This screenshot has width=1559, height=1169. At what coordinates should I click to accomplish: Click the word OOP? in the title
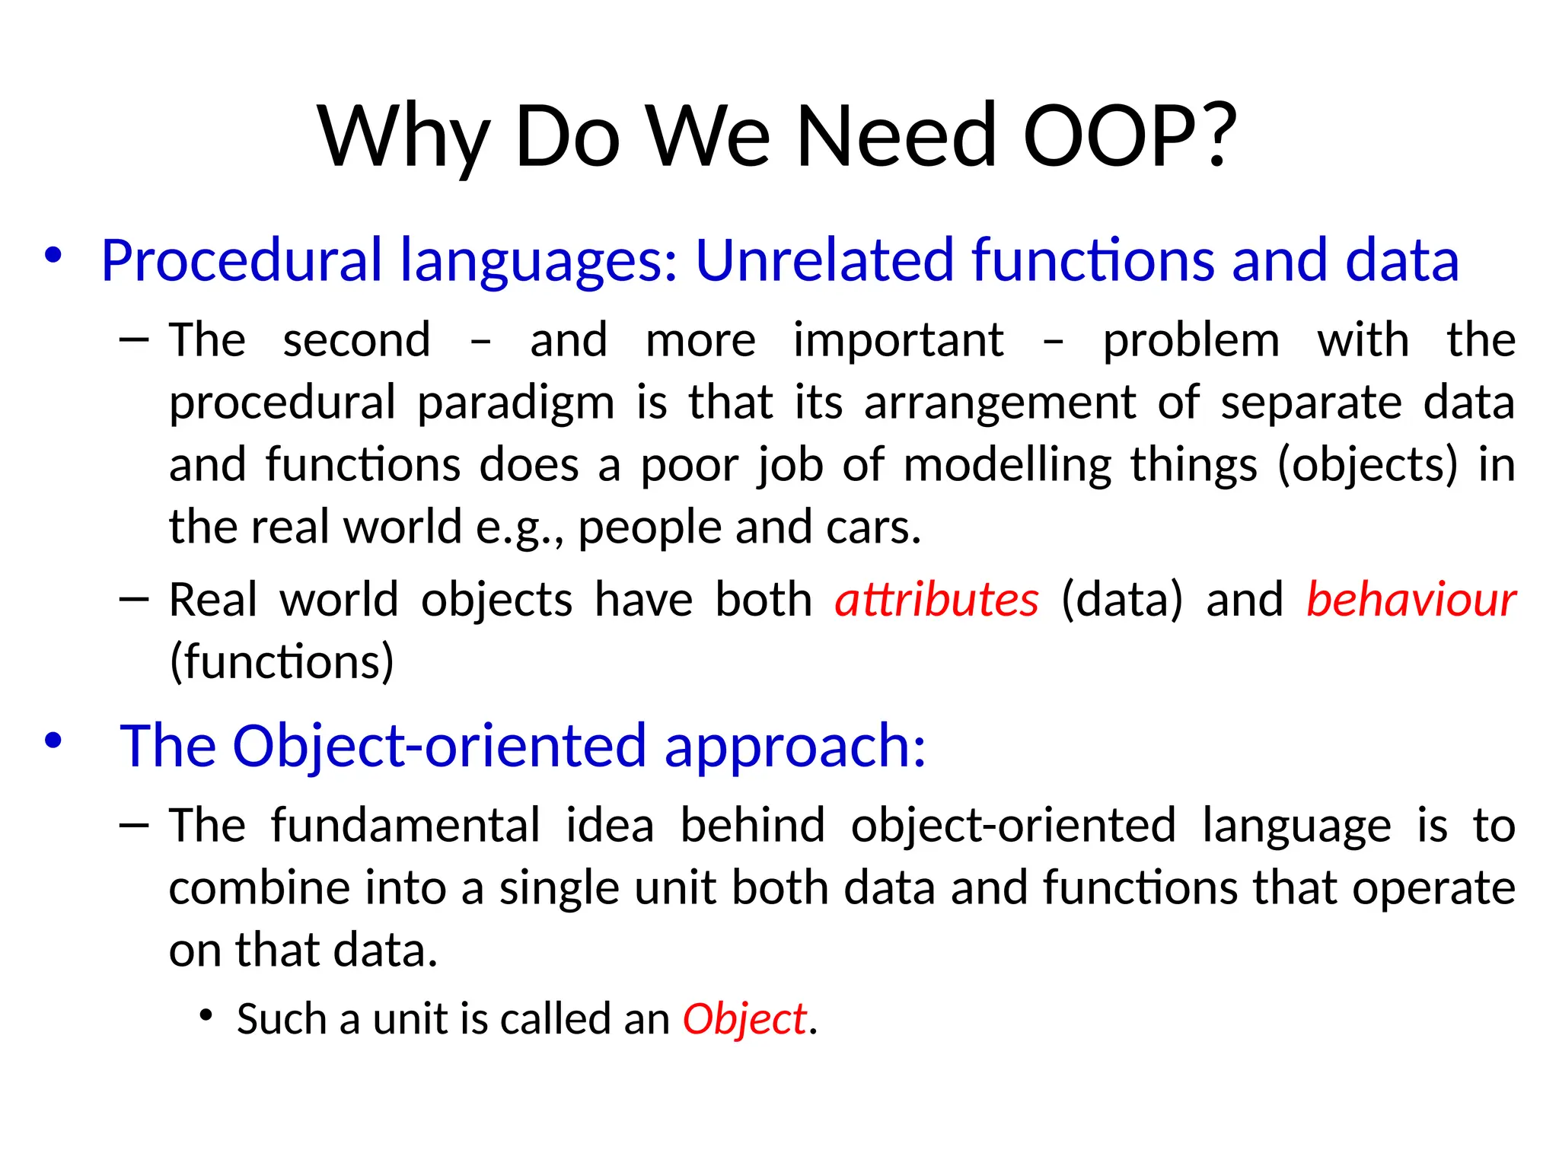tap(1130, 137)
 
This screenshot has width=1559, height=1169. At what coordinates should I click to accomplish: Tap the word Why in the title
tap(403, 137)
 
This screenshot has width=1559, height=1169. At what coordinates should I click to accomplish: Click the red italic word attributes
tap(936, 600)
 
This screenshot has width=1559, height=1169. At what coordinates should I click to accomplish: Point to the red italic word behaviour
tap(1411, 600)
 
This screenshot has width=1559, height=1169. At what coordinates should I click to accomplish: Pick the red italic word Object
tap(744, 1019)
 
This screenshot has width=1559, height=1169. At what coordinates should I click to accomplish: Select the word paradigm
tap(515, 403)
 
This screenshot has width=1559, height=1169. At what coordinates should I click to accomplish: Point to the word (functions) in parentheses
tap(282, 661)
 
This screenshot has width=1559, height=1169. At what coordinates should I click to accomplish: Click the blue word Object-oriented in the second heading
tap(439, 745)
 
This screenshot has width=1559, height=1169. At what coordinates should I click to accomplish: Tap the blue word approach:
tap(795, 747)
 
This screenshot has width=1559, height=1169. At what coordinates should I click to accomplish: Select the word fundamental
tap(405, 825)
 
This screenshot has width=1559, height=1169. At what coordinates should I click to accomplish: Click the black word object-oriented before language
tap(1013, 827)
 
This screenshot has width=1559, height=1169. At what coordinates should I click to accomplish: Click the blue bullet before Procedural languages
tap(53, 255)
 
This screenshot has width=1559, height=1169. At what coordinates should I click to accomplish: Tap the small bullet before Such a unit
tap(205, 1015)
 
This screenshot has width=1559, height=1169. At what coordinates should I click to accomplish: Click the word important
tap(898, 340)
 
